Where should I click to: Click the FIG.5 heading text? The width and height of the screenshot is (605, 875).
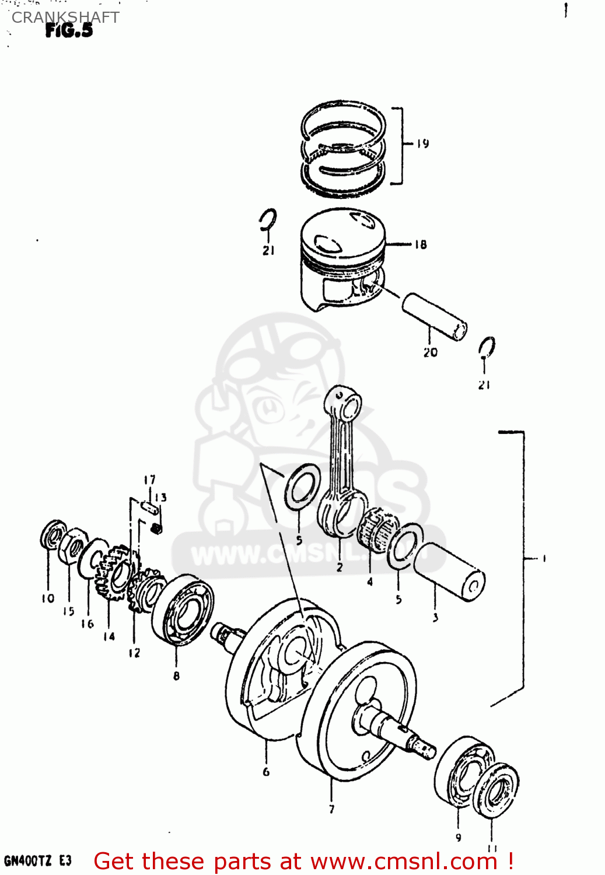point(69,31)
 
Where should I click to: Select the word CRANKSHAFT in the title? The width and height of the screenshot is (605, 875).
point(65,17)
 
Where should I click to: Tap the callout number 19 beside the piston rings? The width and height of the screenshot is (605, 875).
point(423,143)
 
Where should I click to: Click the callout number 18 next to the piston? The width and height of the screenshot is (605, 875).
point(421,245)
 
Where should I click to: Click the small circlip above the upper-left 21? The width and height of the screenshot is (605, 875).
point(268,220)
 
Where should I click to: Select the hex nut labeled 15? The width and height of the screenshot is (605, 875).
point(72,546)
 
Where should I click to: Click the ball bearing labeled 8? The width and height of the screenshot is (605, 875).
point(183,609)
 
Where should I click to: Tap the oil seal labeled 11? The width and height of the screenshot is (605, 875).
point(496,790)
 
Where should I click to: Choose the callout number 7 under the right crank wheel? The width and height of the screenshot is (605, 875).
point(332,809)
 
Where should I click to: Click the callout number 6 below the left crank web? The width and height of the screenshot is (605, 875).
point(266,772)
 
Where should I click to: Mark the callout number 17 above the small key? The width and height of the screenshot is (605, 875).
point(150,480)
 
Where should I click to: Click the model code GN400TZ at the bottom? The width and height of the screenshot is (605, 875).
point(28,861)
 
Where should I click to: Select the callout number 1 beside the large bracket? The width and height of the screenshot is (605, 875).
point(544,559)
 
